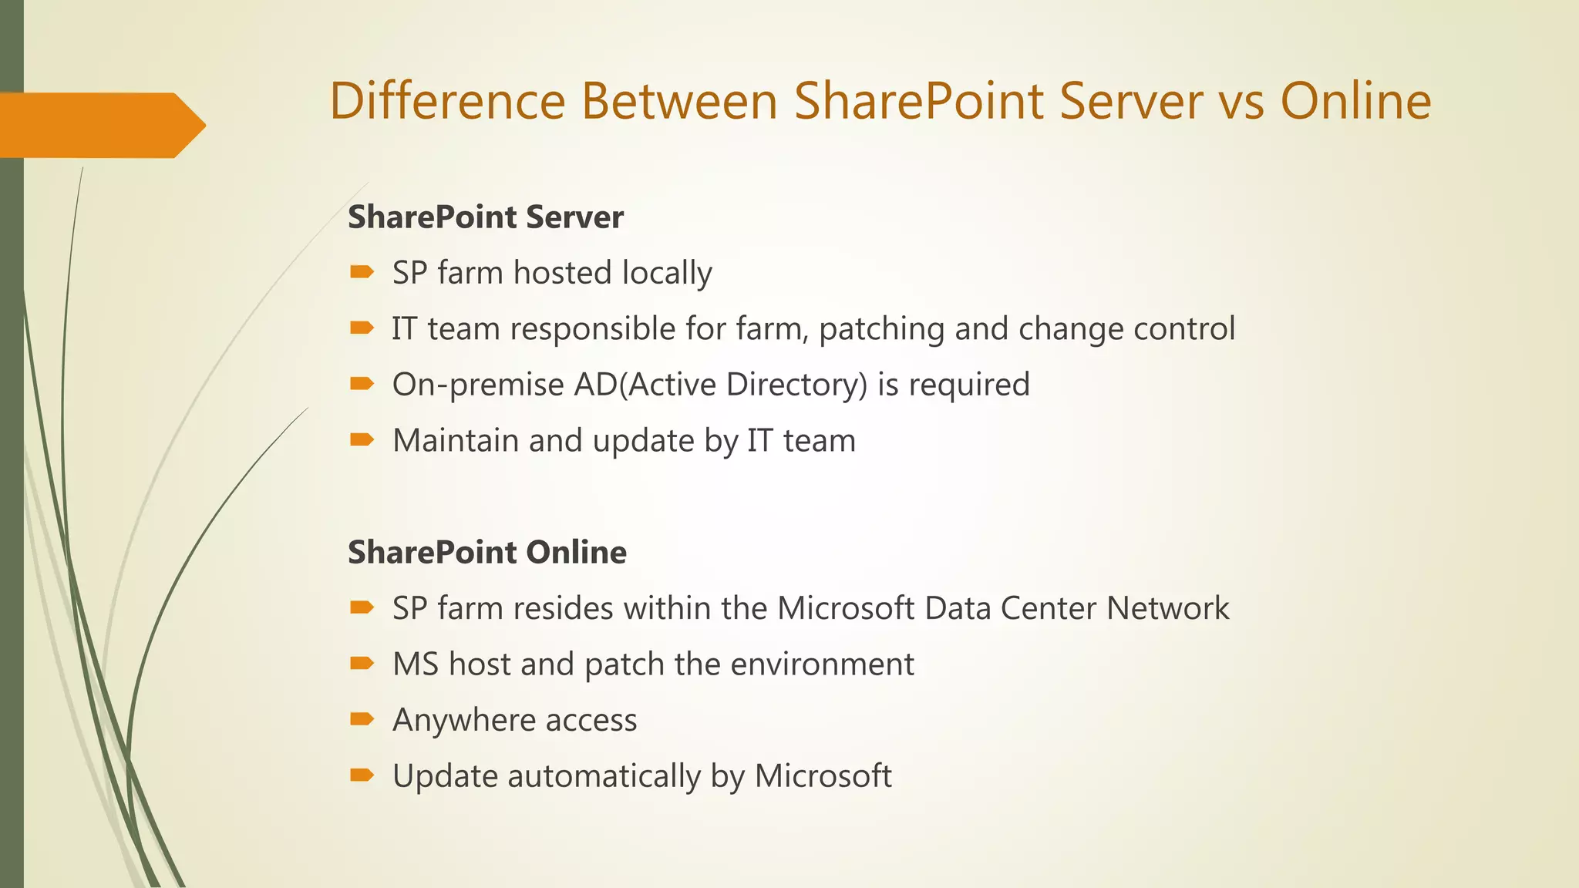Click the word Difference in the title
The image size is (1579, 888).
pyautogui.click(x=447, y=101)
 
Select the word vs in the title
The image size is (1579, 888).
pyautogui.click(x=1241, y=101)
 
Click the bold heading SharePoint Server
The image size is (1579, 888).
pyautogui.click(x=486, y=217)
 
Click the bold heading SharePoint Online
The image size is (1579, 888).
pyautogui.click(x=487, y=553)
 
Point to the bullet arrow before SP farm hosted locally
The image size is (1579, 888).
pyautogui.click(x=362, y=272)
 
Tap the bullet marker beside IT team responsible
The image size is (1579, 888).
pyautogui.click(x=362, y=328)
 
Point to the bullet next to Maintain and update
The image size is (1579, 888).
pyautogui.click(x=362, y=440)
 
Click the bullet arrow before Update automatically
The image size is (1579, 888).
pyautogui.click(x=362, y=775)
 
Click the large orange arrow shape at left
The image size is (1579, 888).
pyautogui.click(x=100, y=125)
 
